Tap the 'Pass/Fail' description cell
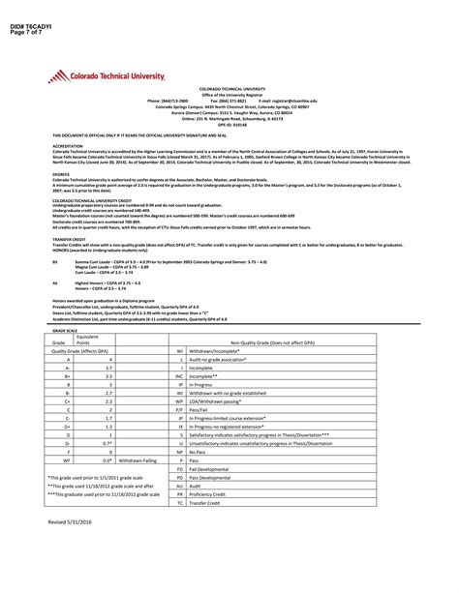tap(203, 409)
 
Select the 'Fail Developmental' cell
tap(214, 468)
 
